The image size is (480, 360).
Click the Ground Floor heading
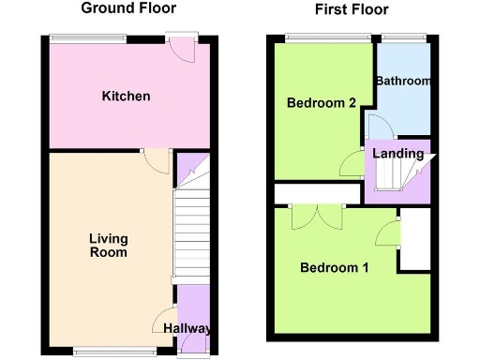[126, 9]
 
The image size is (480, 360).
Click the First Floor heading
[351, 9]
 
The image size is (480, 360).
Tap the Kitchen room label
[127, 97]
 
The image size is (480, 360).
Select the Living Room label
[108, 246]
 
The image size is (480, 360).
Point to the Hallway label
[187, 329]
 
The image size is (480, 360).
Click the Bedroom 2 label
[321, 103]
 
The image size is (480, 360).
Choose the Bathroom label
[403, 82]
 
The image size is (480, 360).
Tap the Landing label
[397, 154]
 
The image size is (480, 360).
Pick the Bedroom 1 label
[334, 268]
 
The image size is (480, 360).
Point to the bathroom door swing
[379, 126]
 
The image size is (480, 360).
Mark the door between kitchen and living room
[156, 161]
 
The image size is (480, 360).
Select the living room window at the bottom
[104, 352]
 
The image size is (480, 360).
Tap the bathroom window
[403, 38]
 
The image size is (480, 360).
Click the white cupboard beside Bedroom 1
[414, 239]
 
